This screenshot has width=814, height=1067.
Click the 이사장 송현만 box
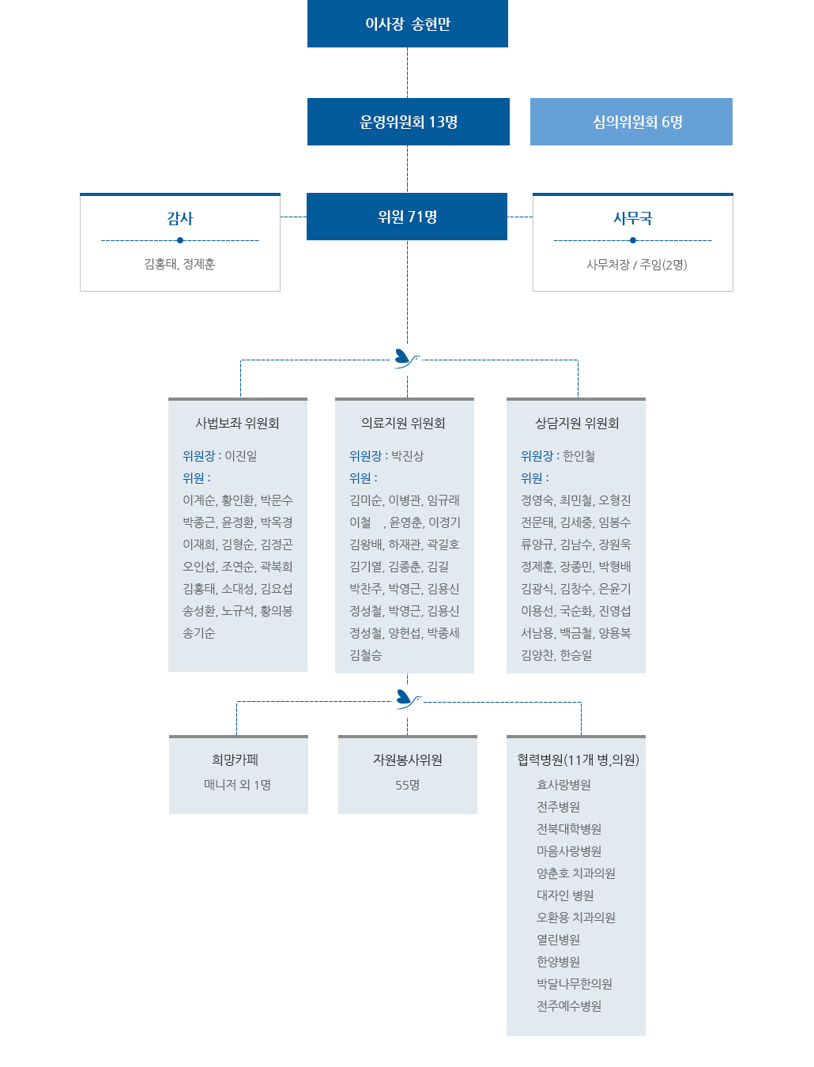(x=407, y=24)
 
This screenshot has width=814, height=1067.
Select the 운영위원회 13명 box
(x=409, y=122)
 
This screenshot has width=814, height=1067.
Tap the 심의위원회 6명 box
(x=631, y=122)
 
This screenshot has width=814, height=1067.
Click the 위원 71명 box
(x=407, y=217)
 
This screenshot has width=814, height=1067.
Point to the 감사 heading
(x=180, y=218)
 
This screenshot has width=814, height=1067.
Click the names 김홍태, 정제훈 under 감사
(x=179, y=264)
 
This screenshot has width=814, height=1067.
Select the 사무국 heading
(x=632, y=218)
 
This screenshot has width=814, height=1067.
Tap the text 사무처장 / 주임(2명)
(x=636, y=265)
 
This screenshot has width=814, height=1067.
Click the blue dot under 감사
(x=180, y=240)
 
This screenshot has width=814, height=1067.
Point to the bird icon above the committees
(x=406, y=359)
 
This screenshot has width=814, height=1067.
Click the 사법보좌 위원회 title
(x=237, y=423)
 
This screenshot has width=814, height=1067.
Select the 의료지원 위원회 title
(x=403, y=423)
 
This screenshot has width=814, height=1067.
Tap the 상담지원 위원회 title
(x=577, y=423)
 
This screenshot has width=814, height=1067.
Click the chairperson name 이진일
(x=240, y=456)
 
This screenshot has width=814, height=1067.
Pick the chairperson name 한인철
(x=578, y=456)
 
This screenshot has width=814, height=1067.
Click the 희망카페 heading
(x=235, y=760)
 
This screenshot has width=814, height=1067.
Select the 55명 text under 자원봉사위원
(x=407, y=785)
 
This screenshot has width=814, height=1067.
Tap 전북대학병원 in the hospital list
(x=568, y=829)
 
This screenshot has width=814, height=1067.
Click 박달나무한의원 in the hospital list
(x=574, y=984)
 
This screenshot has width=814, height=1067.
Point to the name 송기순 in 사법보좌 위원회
(x=199, y=633)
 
